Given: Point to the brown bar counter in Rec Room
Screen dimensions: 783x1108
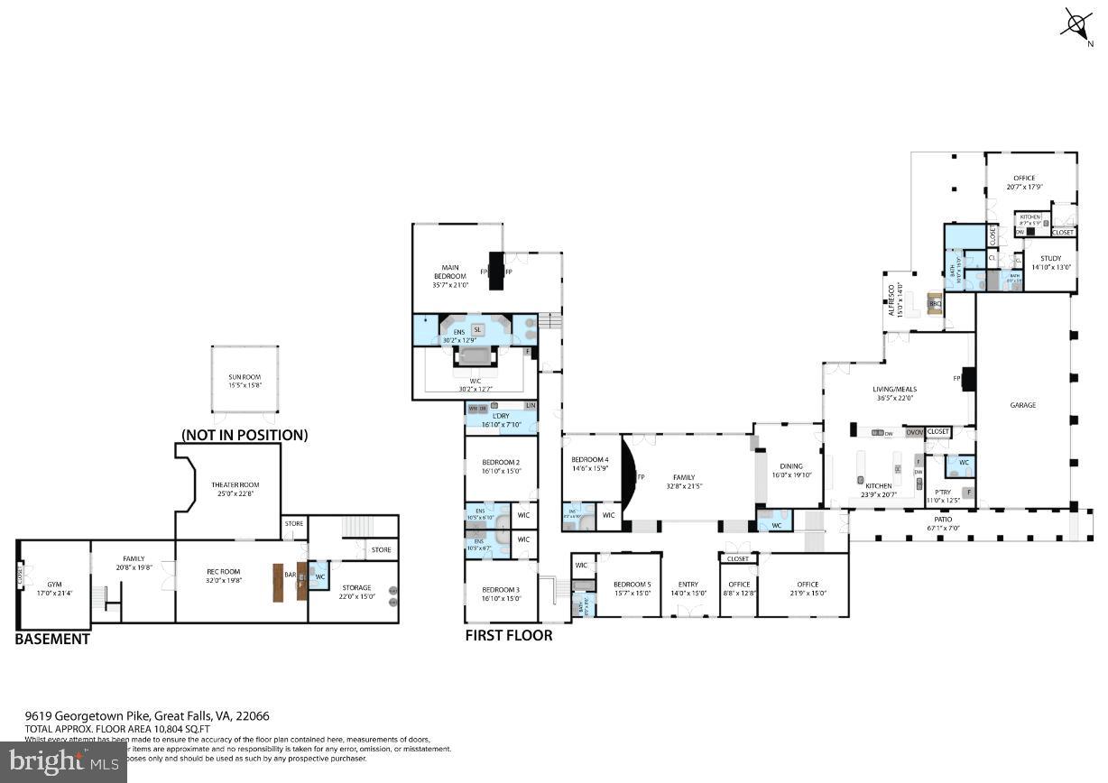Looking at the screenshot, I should tap(280, 582).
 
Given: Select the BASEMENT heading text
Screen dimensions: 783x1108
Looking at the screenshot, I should tap(52, 639).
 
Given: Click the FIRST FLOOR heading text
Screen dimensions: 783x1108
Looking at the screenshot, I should tap(509, 635).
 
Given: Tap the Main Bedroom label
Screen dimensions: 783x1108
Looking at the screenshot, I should tap(449, 275).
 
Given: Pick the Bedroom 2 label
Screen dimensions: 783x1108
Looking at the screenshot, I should tap(501, 466).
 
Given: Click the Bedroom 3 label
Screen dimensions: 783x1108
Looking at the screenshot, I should tap(501, 593).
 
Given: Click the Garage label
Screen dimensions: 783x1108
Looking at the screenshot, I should tap(1022, 405).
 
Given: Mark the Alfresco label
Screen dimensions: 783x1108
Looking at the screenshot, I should tap(890, 296).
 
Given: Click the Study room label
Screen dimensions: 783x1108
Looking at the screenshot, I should tap(1049, 262).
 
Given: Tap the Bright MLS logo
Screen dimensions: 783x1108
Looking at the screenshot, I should tap(63, 762).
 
